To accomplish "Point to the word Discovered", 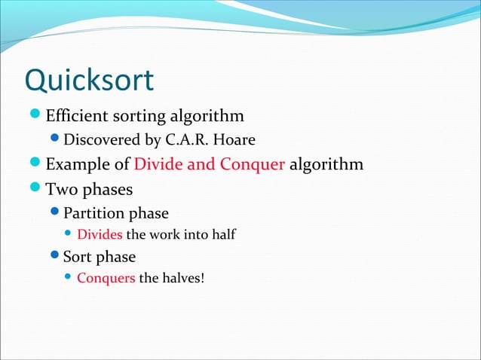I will (x=100, y=140).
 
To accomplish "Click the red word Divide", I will (x=157, y=164).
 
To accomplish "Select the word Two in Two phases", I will (x=60, y=188).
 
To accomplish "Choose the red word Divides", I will (x=100, y=235).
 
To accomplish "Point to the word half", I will (x=224, y=235).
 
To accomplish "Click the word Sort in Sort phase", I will (x=78, y=256).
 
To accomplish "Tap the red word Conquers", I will (x=106, y=279).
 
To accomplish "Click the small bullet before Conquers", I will (x=69, y=279).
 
